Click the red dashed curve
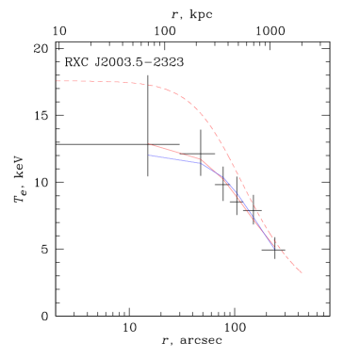(188, 100)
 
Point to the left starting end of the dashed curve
(56, 81)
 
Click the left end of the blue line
(149, 155)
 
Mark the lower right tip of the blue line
(275, 248)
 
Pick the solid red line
(174, 152)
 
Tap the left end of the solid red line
(149, 144)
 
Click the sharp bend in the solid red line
(201, 159)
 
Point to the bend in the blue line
(202, 163)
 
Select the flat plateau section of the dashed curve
(94, 82)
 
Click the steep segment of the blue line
(240, 204)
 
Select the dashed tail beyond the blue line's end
(289, 262)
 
